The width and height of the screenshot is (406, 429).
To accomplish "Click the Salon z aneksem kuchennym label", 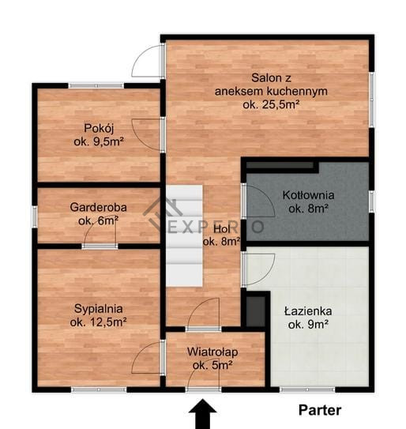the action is coord(271,91).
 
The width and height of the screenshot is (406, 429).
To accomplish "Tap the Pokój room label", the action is coord(99,135).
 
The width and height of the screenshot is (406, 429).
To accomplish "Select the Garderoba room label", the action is coord(99,214).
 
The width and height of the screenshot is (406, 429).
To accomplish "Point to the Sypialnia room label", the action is coord(99,315).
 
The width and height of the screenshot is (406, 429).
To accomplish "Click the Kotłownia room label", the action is coord(308,202).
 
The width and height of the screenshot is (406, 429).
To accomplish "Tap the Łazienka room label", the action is coord(308,318).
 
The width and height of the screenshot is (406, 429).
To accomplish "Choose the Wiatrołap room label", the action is coord(212,359).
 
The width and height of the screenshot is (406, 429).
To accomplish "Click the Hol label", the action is coord(222,235).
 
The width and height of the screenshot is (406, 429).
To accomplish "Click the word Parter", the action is coord(320,410).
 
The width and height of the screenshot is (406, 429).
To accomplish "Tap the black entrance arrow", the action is coord(203,414).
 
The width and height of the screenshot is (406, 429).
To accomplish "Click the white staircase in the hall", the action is coord(184,236).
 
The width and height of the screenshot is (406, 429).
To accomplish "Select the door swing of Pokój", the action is coord(147,134).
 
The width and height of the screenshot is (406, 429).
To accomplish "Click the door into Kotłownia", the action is coord(258,201).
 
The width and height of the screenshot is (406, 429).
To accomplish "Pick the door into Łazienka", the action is coord(258,269).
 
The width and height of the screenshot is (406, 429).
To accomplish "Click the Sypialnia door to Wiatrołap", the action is coord(148,357).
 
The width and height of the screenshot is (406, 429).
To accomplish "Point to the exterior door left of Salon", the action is coord(148,61).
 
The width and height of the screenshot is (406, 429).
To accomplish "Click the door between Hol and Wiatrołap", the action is coord(203,314).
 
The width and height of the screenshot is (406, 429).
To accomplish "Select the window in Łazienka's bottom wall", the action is coord(307,389).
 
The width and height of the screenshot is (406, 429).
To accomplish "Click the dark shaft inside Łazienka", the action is coord(256,311).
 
